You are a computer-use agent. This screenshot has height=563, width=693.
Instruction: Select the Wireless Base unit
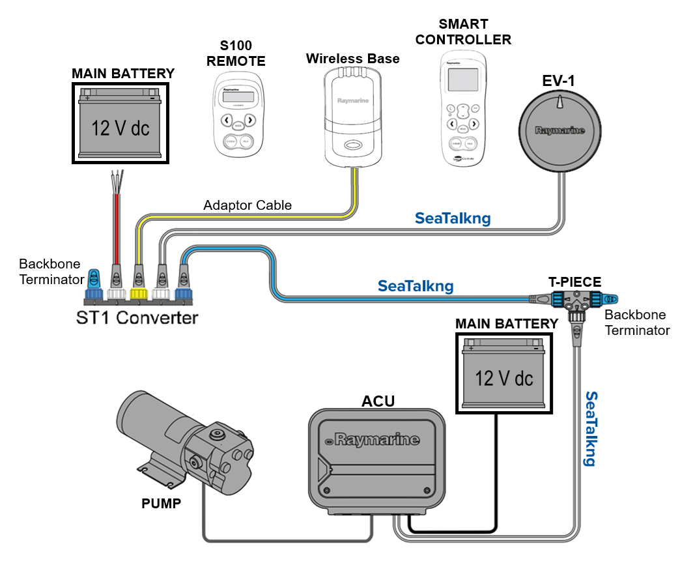click(352, 117)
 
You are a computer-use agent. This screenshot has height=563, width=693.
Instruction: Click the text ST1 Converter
click(137, 319)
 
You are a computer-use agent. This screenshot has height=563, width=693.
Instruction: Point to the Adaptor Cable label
click(247, 205)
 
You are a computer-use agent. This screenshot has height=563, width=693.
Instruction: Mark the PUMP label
click(161, 503)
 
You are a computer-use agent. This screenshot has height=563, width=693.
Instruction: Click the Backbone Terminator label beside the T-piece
click(637, 323)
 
